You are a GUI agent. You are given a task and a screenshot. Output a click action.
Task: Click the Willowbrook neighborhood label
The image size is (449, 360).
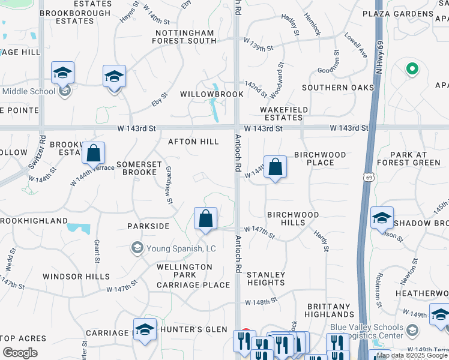click(x=212, y=94)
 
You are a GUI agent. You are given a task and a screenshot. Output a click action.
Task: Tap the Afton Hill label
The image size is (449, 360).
click(x=193, y=142)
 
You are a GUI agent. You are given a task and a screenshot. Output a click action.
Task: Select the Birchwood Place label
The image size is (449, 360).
click(x=320, y=158)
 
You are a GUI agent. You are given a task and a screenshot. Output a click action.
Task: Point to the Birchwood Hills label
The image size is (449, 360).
click(x=293, y=218)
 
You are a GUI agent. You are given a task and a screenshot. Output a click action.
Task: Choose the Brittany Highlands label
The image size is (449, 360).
click(x=330, y=310)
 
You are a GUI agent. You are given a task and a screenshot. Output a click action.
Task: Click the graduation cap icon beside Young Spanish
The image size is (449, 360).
click(x=137, y=247)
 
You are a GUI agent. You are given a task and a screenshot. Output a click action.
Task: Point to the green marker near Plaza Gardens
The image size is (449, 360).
click(x=412, y=70)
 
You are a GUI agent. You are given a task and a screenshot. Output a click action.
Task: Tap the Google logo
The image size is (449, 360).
click(x=20, y=353)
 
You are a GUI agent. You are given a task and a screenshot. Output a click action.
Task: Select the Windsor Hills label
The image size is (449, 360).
click(x=76, y=277)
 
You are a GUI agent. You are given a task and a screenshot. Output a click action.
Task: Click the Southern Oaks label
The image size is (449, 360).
click(x=338, y=88)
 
